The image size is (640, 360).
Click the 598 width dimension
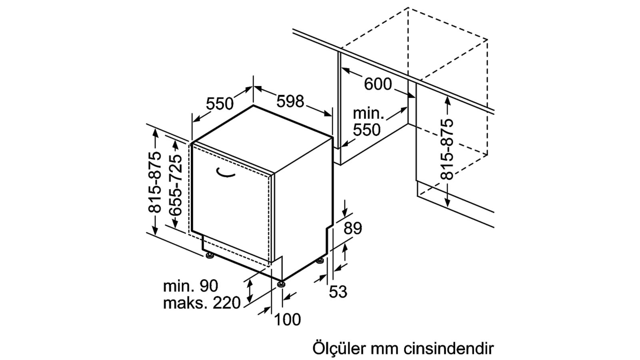[290, 102]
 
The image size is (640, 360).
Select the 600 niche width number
[378, 84]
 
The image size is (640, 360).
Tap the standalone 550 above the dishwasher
[220, 104]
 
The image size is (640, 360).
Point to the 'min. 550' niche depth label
[368, 122]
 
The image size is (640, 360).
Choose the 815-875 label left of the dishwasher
[154, 182]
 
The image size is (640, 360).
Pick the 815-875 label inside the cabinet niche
[447, 149]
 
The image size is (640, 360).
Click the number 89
[352, 228]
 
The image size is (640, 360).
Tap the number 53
[338, 292]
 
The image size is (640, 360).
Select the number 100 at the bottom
[288, 320]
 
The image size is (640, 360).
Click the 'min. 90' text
[190, 286]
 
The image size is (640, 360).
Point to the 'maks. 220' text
[202, 303]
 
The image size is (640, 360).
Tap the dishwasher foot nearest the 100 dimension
[281, 284]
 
